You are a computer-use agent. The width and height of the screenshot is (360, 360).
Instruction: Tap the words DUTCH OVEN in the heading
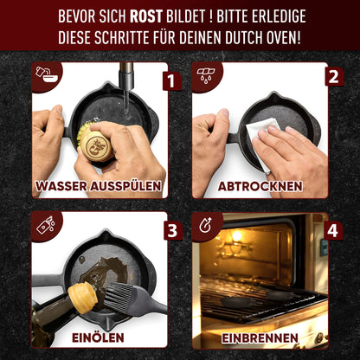click(270, 39)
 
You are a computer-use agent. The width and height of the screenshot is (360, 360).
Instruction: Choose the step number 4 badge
click(331, 231)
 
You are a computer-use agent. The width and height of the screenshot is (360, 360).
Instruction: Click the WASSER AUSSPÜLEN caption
click(98, 186)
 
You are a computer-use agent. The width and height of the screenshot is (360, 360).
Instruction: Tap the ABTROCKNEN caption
click(260, 186)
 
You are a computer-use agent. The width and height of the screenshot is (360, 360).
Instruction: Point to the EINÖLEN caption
click(98, 337)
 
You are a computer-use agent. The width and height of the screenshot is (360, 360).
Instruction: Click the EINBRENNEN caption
click(260, 337)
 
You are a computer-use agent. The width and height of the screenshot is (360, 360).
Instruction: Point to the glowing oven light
click(235, 236)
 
